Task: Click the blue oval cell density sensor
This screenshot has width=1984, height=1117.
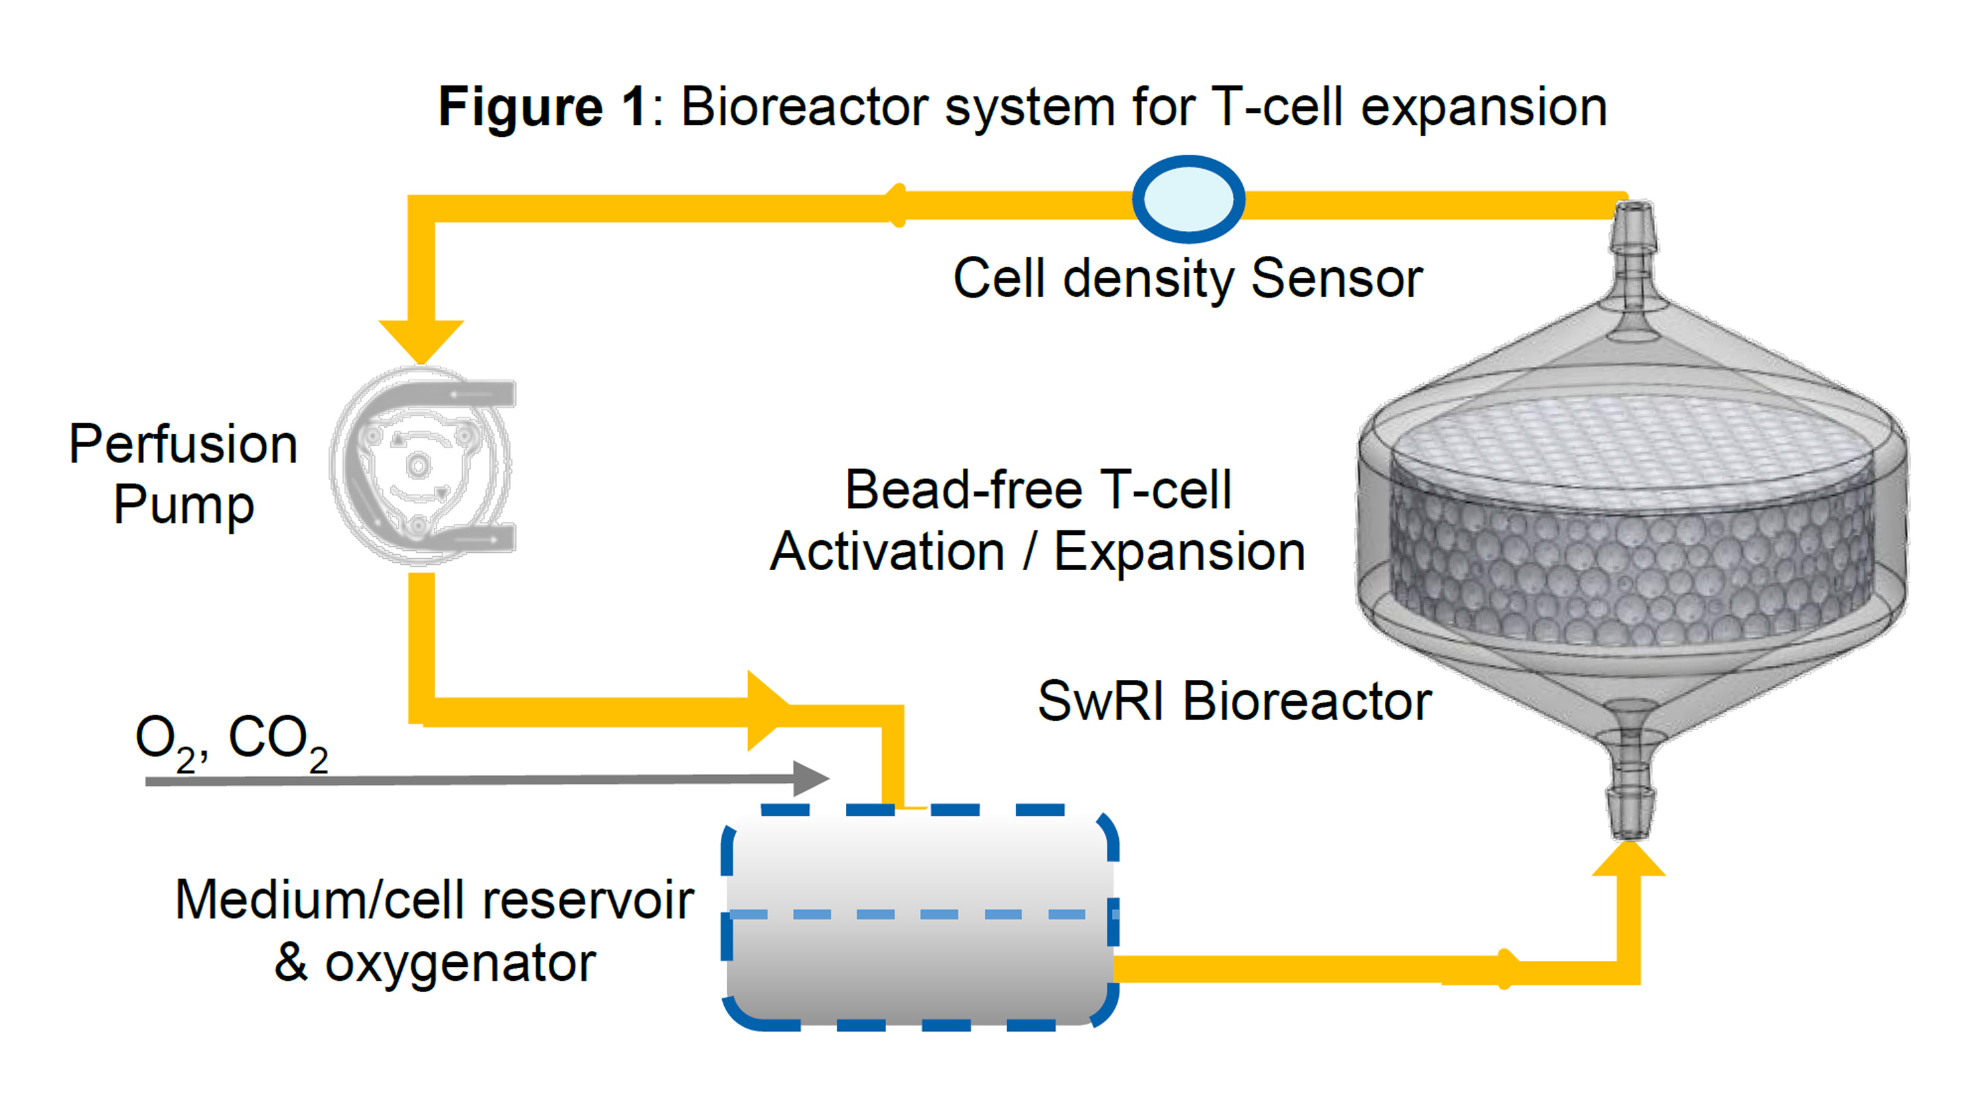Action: (1188, 199)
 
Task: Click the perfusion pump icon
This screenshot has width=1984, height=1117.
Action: (422, 466)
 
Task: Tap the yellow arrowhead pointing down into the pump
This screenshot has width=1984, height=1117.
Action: (421, 339)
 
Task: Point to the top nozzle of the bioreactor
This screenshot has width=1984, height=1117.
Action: (1632, 239)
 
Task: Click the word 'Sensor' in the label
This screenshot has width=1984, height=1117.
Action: (1337, 278)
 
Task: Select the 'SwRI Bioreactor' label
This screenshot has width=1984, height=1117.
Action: (1234, 702)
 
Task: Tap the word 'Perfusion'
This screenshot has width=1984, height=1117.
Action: (183, 444)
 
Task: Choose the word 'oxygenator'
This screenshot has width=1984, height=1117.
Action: (460, 963)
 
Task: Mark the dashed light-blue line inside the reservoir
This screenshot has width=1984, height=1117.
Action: (921, 915)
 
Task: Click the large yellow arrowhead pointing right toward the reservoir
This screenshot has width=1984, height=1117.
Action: (766, 710)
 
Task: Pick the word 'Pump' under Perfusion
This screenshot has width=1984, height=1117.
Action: (183, 506)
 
